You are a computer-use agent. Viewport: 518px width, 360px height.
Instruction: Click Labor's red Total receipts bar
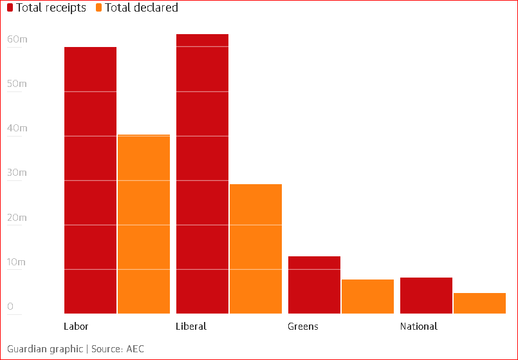(x=90, y=180)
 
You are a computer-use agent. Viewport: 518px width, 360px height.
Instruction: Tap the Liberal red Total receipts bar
(x=202, y=174)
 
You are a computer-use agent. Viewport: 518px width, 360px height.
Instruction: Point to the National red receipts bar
(x=426, y=296)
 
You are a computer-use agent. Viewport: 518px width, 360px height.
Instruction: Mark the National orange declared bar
(x=479, y=303)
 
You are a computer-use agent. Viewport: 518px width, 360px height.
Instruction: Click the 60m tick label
(x=17, y=39)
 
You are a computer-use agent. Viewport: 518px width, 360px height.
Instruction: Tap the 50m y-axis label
(x=17, y=84)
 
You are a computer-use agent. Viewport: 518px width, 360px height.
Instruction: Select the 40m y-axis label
(x=17, y=128)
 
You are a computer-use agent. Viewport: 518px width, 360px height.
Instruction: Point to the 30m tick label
(x=17, y=173)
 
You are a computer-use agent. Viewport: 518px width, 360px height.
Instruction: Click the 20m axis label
(x=17, y=218)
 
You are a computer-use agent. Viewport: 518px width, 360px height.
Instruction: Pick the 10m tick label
(x=17, y=262)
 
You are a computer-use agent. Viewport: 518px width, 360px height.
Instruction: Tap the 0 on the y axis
(x=10, y=307)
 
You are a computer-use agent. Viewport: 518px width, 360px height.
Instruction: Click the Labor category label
(x=76, y=326)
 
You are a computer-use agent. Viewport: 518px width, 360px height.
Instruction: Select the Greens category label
(x=302, y=326)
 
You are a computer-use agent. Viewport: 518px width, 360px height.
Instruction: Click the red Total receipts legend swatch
(x=10, y=8)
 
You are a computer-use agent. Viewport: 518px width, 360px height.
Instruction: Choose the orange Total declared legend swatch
(x=98, y=8)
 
